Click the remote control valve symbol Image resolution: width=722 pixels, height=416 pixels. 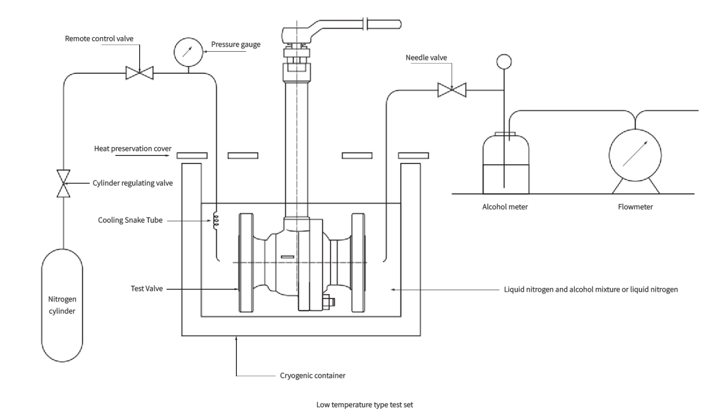[x=140, y=73]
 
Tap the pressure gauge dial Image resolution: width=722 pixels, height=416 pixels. [x=188, y=52]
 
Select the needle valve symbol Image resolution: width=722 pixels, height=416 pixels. [x=452, y=89]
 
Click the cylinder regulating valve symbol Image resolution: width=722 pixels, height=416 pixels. [x=63, y=183]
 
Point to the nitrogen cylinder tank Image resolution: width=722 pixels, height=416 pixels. [x=62, y=305]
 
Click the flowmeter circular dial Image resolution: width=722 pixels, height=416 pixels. [x=635, y=154]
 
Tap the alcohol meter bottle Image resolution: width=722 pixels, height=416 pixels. [x=506, y=164]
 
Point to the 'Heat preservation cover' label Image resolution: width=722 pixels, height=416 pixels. [x=133, y=148]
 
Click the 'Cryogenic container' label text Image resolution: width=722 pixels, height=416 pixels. [x=313, y=376]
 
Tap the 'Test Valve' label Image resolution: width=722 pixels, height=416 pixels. [x=147, y=288]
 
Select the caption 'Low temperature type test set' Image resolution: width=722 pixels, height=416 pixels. [x=364, y=405]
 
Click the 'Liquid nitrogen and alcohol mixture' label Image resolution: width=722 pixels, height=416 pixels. [x=590, y=289]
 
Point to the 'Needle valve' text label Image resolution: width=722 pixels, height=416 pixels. [x=426, y=57]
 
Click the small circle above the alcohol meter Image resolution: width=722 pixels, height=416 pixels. [x=504, y=61]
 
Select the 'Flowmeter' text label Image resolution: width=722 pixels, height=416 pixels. [x=635, y=207]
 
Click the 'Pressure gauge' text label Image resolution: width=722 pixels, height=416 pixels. [x=235, y=44]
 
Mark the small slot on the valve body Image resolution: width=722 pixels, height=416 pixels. [x=287, y=256]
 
